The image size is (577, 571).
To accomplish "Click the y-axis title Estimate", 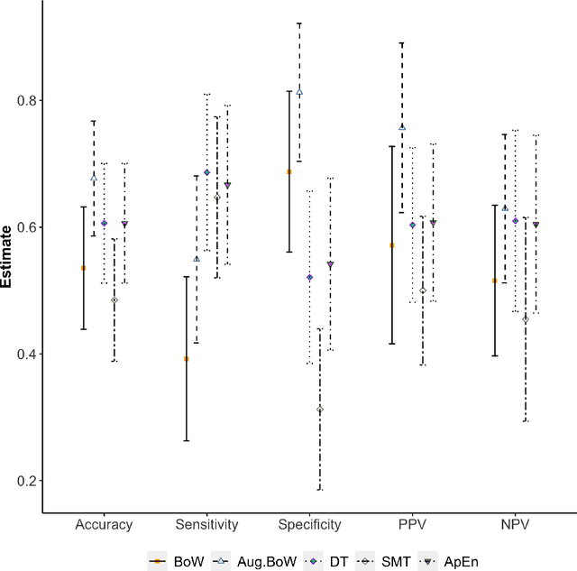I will tap(7, 257).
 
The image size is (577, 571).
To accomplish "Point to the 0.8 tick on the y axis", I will tap(29, 100).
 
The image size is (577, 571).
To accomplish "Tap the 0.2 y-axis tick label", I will tap(29, 481).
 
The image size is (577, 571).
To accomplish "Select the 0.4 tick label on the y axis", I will tap(29, 354).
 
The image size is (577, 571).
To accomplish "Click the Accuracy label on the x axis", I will tap(105, 524).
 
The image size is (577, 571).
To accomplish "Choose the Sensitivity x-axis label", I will tap(207, 524).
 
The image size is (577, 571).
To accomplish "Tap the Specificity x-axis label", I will tap(309, 524).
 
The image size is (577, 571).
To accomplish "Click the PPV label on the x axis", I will tap(412, 524).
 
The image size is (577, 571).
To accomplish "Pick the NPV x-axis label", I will tap(515, 524).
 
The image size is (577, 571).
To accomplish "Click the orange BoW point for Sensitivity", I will tap(187, 359).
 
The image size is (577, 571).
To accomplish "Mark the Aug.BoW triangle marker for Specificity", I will tap(299, 92).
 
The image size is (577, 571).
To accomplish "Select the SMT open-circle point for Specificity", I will tap(320, 410).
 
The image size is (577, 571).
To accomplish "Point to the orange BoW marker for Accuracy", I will tap(84, 268).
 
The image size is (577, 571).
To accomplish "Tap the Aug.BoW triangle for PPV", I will tap(402, 127).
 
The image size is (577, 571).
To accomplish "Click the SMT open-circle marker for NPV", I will tap(526, 319).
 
